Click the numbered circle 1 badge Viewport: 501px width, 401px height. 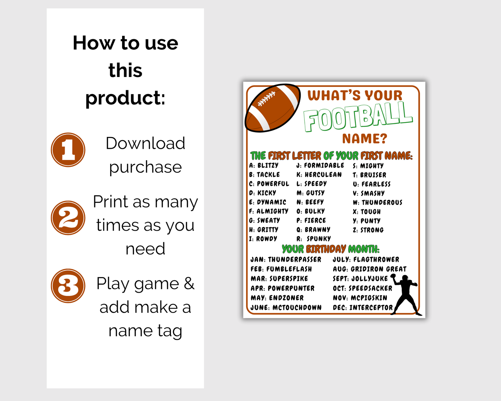click(x=68, y=150)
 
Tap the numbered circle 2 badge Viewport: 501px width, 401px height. click(x=68, y=218)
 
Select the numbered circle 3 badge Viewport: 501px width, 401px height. click(x=68, y=286)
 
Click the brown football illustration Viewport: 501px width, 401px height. click(x=273, y=108)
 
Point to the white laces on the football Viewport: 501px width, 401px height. click(x=266, y=99)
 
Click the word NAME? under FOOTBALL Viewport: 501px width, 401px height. click(x=364, y=139)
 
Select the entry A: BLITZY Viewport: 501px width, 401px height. click(x=264, y=165)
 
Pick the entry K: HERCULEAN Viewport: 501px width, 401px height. click(x=319, y=174)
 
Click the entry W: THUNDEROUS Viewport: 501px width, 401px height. click(x=378, y=202)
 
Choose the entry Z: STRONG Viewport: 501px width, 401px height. click(x=368, y=230)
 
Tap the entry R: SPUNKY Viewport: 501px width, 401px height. click(x=314, y=239)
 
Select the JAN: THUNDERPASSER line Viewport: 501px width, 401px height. click(x=286, y=259)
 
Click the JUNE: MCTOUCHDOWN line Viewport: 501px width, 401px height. click(x=286, y=307)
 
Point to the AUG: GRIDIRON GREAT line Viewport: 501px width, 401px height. click(x=370, y=269)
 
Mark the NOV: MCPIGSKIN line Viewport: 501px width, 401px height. click(x=360, y=298)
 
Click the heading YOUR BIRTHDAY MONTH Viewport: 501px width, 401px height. click(x=330, y=249)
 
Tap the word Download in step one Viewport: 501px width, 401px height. click(x=145, y=143)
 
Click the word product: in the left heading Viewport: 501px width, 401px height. click(x=125, y=98)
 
